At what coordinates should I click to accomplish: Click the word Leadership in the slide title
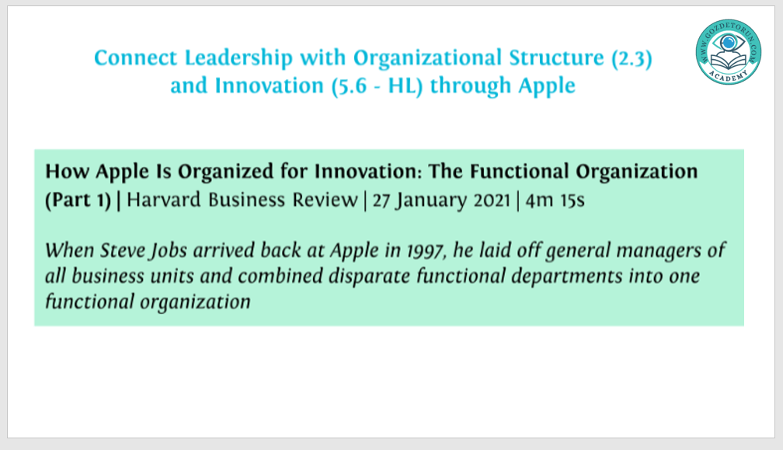238,58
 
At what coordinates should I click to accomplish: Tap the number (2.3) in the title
632,58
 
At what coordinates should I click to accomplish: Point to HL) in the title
405,86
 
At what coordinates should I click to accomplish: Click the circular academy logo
728,51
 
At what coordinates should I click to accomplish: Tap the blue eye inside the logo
728,43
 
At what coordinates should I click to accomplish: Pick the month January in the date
431,201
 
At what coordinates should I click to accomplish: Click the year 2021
492,200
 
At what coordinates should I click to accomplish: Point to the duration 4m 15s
555,200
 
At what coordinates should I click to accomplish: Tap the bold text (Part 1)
78,200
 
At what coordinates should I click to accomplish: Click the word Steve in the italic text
124,249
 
